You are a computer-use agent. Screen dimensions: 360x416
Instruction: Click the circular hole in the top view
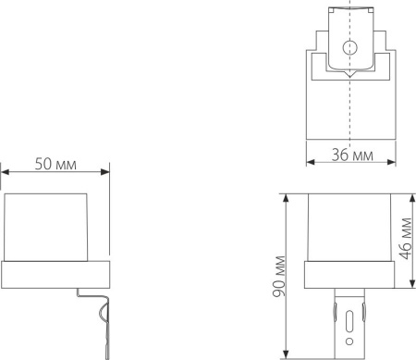[349, 50]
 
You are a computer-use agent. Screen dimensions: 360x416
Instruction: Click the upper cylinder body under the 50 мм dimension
[49, 226]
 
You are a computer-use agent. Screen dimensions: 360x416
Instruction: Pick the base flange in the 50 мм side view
[55, 274]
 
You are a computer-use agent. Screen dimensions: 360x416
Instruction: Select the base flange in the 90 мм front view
[349, 273]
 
